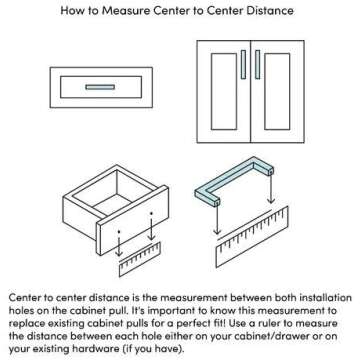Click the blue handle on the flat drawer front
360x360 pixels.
click(x=100, y=87)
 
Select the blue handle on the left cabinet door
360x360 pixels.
click(x=243, y=65)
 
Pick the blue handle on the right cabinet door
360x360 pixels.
click(x=257, y=65)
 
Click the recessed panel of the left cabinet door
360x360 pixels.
click(x=224, y=91)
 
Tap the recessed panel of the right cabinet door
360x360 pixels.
click(x=277, y=91)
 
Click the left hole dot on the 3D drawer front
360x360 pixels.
click(x=119, y=231)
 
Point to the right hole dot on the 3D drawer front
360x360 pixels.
click(x=151, y=213)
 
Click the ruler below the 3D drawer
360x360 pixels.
click(x=140, y=259)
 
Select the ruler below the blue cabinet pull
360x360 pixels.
click(x=252, y=237)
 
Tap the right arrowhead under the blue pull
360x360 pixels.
click(x=271, y=200)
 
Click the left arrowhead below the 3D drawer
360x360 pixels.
click(x=119, y=253)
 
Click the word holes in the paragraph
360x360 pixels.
click(x=20, y=310)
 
